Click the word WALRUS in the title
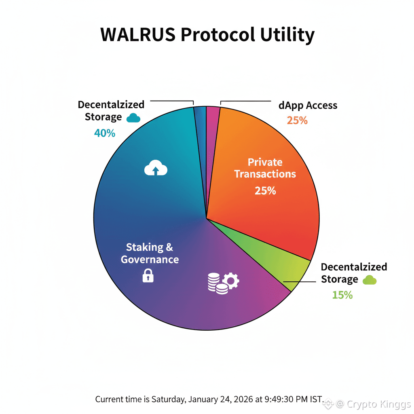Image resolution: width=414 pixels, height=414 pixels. coord(137,35)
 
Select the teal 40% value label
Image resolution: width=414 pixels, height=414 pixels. coord(105,133)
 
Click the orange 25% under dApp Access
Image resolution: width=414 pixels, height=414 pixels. coord(297,120)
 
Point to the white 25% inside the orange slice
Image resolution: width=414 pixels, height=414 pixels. coord(265,190)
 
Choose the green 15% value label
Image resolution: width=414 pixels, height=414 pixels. coord(342,295)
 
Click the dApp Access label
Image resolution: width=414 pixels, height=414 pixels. coord(308,106)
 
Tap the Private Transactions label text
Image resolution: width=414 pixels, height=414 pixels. coord(265,168)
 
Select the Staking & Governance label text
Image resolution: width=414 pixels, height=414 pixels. coord(150,253)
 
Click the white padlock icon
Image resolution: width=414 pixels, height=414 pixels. coord(148,276)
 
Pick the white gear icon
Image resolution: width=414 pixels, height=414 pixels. coord(231,280)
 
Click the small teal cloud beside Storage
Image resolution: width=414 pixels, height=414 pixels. coord(133,118)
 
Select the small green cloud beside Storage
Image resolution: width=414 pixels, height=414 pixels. coord(370,280)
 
